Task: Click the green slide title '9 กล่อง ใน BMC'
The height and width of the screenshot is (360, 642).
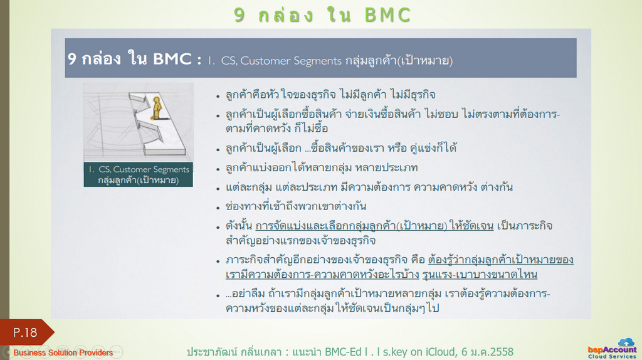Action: tap(322, 15)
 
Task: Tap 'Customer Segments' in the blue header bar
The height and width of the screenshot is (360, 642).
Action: tap(291, 61)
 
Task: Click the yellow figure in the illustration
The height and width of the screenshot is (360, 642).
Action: tap(157, 108)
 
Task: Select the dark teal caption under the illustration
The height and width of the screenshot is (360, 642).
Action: tap(139, 174)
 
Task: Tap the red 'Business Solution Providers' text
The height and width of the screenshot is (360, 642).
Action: tap(63, 352)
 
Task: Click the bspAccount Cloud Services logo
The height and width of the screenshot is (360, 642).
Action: tap(612, 349)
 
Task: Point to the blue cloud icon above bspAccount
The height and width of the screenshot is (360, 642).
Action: tap(626, 342)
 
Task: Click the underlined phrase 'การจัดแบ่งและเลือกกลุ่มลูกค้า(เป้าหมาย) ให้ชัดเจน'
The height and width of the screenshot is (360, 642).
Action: tap(374, 226)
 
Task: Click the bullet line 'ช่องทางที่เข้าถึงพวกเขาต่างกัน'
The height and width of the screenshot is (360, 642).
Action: tap(296, 206)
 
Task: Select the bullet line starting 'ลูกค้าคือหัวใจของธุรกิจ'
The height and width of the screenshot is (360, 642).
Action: tap(330, 95)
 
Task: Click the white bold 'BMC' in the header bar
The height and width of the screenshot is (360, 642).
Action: tap(172, 59)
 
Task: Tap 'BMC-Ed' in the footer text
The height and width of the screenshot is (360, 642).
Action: tap(343, 352)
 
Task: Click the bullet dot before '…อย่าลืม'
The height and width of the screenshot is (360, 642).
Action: tap(218, 295)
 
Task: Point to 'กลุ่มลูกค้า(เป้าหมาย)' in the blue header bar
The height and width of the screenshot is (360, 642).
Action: tap(399, 61)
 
